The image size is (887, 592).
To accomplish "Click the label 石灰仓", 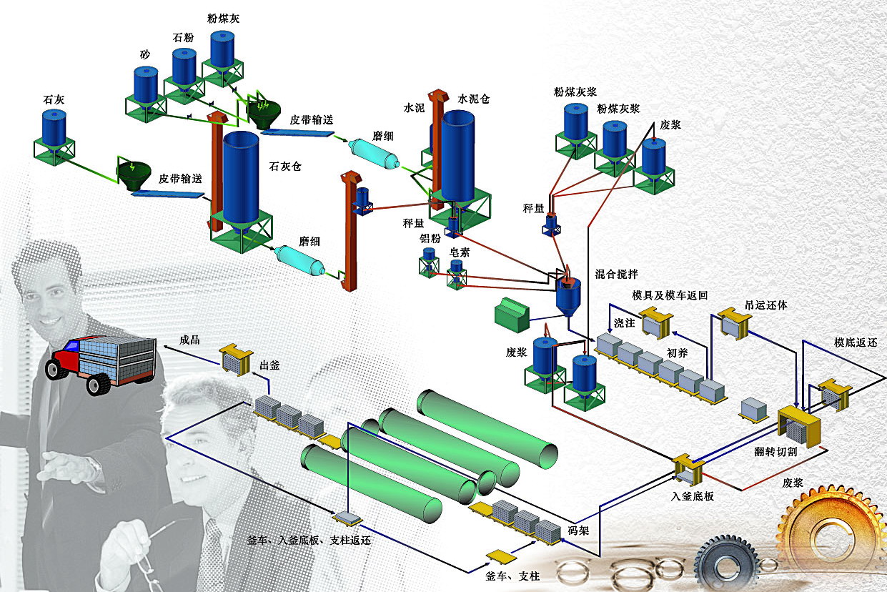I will click(285, 167).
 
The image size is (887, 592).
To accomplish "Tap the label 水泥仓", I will click(473, 99).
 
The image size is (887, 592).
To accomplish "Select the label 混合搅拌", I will click(617, 274).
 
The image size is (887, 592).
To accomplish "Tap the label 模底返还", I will click(856, 342).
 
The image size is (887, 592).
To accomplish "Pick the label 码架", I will click(578, 531).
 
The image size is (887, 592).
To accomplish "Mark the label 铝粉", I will click(430, 239).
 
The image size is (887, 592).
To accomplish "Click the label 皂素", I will click(459, 252).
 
